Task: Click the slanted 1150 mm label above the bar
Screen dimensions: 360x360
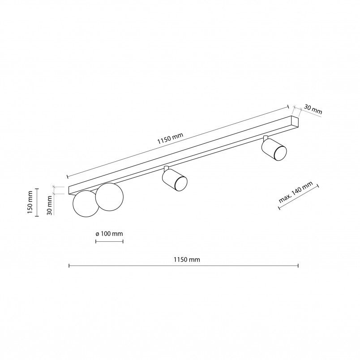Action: click(x=170, y=138)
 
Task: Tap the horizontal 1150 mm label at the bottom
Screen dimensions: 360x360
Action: click(x=187, y=260)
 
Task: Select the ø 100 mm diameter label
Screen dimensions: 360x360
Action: click(x=109, y=234)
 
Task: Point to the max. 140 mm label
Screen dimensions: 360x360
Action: click(x=296, y=192)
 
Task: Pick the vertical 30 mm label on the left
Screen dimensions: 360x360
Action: click(x=49, y=206)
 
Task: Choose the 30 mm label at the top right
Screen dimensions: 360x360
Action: click(x=313, y=109)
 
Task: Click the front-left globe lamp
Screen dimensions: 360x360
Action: click(x=86, y=204)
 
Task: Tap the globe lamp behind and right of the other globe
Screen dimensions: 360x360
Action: click(x=110, y=197)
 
